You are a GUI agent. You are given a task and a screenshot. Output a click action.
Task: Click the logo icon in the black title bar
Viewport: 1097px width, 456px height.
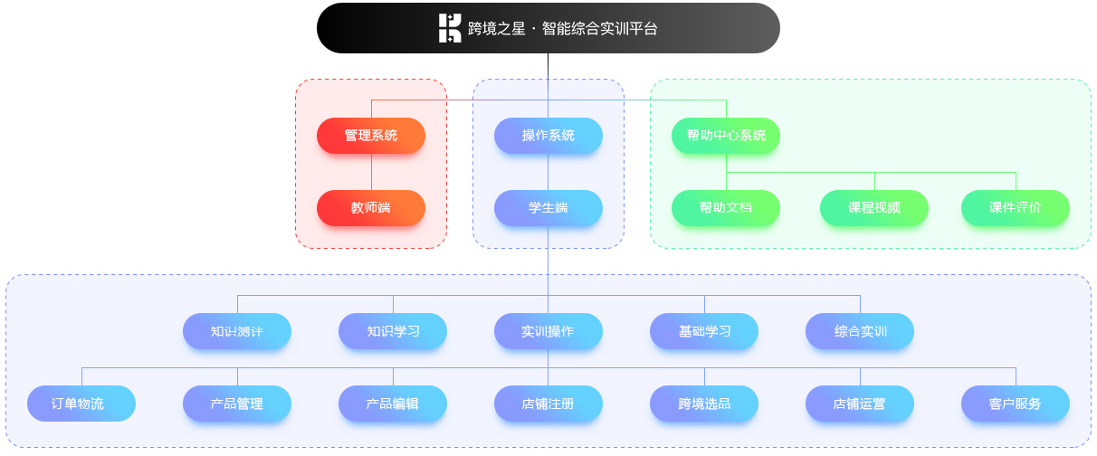[450, 28]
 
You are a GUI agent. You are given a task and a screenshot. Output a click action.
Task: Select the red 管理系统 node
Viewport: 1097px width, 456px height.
[371, 136]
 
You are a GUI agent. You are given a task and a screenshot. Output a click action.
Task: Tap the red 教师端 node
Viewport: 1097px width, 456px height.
[371, 208]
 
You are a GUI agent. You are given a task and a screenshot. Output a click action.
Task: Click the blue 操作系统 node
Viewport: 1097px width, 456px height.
[548, 136]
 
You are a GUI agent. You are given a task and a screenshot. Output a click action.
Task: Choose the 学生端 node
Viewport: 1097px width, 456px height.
[548, 208]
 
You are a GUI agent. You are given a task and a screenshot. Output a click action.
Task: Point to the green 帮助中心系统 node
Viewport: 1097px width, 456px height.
[726, 136]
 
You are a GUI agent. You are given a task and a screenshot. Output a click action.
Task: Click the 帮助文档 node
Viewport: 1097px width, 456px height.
[726, 208]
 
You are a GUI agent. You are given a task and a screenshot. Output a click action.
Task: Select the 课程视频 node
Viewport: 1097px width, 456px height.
[874, 208]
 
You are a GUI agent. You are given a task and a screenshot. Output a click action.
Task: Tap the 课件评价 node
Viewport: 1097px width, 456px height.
[1016, 208]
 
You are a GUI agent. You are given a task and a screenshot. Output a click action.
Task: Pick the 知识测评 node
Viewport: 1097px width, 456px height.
[237, 331]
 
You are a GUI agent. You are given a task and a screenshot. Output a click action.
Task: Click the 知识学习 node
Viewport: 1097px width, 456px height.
[393, 331]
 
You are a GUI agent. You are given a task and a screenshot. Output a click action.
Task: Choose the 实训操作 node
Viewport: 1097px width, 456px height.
[548, 331]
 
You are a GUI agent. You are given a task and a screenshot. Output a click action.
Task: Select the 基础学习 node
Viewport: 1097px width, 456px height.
[704, 331]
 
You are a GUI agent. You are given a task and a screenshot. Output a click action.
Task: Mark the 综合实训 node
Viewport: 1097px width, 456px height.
[860, 331]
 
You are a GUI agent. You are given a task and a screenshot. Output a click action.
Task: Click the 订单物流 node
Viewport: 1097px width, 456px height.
[81, 404]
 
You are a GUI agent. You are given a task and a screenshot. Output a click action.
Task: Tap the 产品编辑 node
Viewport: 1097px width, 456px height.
[393, 404]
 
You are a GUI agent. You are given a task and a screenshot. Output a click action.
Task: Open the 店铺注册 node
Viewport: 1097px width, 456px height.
[548, 404]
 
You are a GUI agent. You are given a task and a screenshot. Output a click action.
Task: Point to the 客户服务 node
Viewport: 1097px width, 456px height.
[1016, 404]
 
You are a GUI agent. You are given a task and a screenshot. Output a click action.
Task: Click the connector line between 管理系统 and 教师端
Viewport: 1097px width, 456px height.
[371, 172]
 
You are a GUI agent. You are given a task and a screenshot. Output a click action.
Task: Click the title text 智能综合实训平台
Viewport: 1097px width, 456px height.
[599, 28]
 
